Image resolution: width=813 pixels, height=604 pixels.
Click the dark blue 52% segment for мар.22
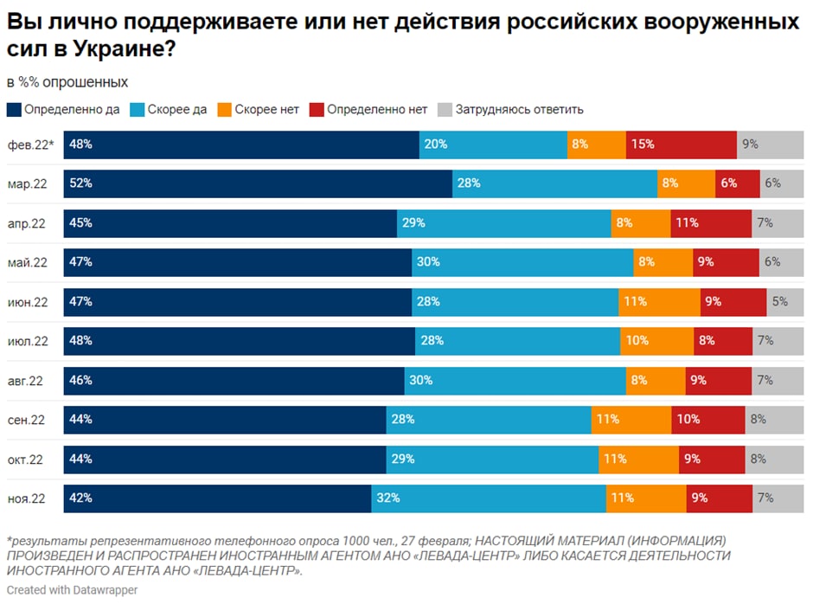pos(258,183)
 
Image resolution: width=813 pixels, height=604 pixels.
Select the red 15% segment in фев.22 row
pos(681,145)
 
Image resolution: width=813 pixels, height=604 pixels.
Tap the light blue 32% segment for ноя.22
pos(489,498)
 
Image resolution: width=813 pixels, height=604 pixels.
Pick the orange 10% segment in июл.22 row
pos(656,341)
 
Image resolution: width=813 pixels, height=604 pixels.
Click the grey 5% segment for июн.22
pos(784,302)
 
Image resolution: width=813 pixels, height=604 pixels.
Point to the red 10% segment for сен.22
pos(707,420)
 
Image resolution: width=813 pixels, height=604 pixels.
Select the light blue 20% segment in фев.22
pos(493,145)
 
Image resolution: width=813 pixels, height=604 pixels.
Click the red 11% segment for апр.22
pos(710,223)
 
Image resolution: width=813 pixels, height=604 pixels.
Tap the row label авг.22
pos(27,381)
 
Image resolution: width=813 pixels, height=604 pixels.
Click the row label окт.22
pos(27,459)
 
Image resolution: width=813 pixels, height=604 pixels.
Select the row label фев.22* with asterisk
pos(30,145)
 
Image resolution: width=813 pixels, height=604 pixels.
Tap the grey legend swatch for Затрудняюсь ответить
pos(445,110)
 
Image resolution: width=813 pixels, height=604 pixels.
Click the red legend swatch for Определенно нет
pos(317,110)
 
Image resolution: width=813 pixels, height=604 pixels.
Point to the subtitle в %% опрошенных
pos(67,82)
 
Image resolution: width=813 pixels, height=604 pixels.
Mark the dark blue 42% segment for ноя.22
pos(217,498)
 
